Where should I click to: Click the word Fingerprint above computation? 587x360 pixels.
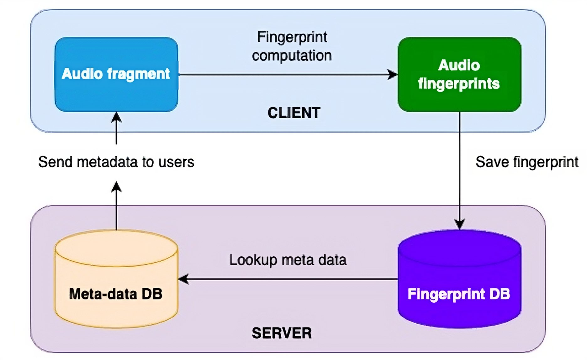[x=292, y=37]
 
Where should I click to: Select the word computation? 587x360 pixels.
[x=292, y=56]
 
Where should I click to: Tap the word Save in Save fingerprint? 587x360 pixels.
[x=492, y=162]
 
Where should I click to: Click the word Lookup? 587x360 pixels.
[x=253, y=260]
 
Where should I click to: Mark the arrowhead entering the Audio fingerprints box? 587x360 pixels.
[x=392, y=75]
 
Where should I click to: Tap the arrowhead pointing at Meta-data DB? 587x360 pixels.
[x=184, y=279]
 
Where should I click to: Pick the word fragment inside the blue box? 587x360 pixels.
[x=138, y=74]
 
